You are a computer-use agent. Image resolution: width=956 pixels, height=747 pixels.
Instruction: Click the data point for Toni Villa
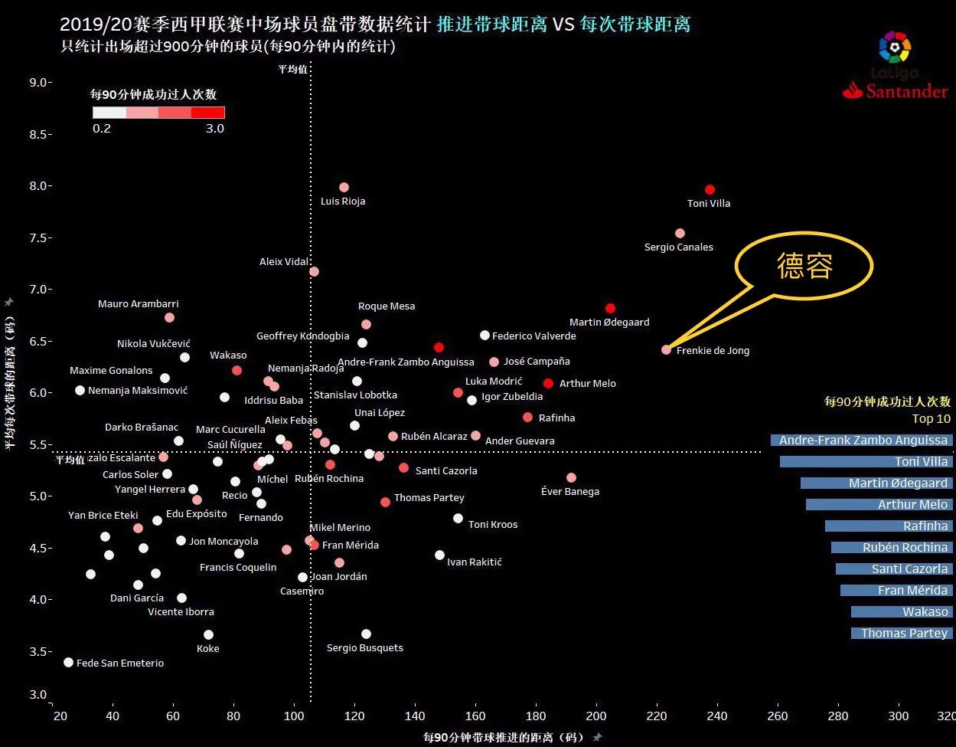pyautogui.click(x=710, y=189)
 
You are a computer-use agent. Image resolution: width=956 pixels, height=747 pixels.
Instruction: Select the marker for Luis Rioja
pyautogui.click(x=344, y=187)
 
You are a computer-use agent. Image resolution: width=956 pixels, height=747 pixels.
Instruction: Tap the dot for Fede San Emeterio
pyautogui.click(x=68, y=662)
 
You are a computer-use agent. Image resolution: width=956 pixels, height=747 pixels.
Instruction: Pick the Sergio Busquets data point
pyautogui.click(x=366, y=634)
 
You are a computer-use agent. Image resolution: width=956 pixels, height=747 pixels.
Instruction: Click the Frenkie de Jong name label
pyautogui.click(x=713, y=351)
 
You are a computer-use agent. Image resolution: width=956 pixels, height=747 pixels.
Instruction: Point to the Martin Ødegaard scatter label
pyautogui.click(x=609, y=323)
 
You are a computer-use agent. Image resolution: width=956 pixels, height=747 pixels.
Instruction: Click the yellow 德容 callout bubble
pyautogui.click(x=804, y=267)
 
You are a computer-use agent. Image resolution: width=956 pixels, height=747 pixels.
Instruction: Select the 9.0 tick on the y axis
pyautogui.click(x=39, y=82)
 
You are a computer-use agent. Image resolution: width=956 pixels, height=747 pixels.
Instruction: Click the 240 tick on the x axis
pyautogui.click(x=717, y=716)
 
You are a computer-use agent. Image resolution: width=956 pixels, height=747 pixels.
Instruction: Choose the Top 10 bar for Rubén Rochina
pyautogui.click(x=892, y=547)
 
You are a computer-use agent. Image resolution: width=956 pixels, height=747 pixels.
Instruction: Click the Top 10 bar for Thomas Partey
pyautogui.click(x=902, y=633)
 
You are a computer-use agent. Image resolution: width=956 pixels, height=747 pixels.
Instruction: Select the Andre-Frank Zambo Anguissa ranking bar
pyautogui.click(x=862, y=440)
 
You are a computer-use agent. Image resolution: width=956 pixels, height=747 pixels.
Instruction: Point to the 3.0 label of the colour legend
pyautogui.click(x=215, y=129)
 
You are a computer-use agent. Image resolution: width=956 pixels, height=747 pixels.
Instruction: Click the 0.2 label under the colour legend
pyautogui.click(x=102, y=129)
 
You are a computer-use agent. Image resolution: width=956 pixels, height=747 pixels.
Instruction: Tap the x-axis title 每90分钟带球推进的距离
pyautogui.click(x=504, y=737)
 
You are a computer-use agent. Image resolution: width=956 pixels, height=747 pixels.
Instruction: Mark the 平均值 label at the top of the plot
pyautogui.click(x=292, y=69)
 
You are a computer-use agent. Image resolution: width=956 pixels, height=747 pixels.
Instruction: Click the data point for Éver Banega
pyautogui.click(x=571, y=477)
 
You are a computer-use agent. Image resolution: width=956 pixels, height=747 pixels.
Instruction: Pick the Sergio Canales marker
pyautogui.click(x=680, y=233)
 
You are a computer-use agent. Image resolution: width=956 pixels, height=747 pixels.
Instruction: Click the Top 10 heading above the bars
pyautogui.click(x=931, y=419)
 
